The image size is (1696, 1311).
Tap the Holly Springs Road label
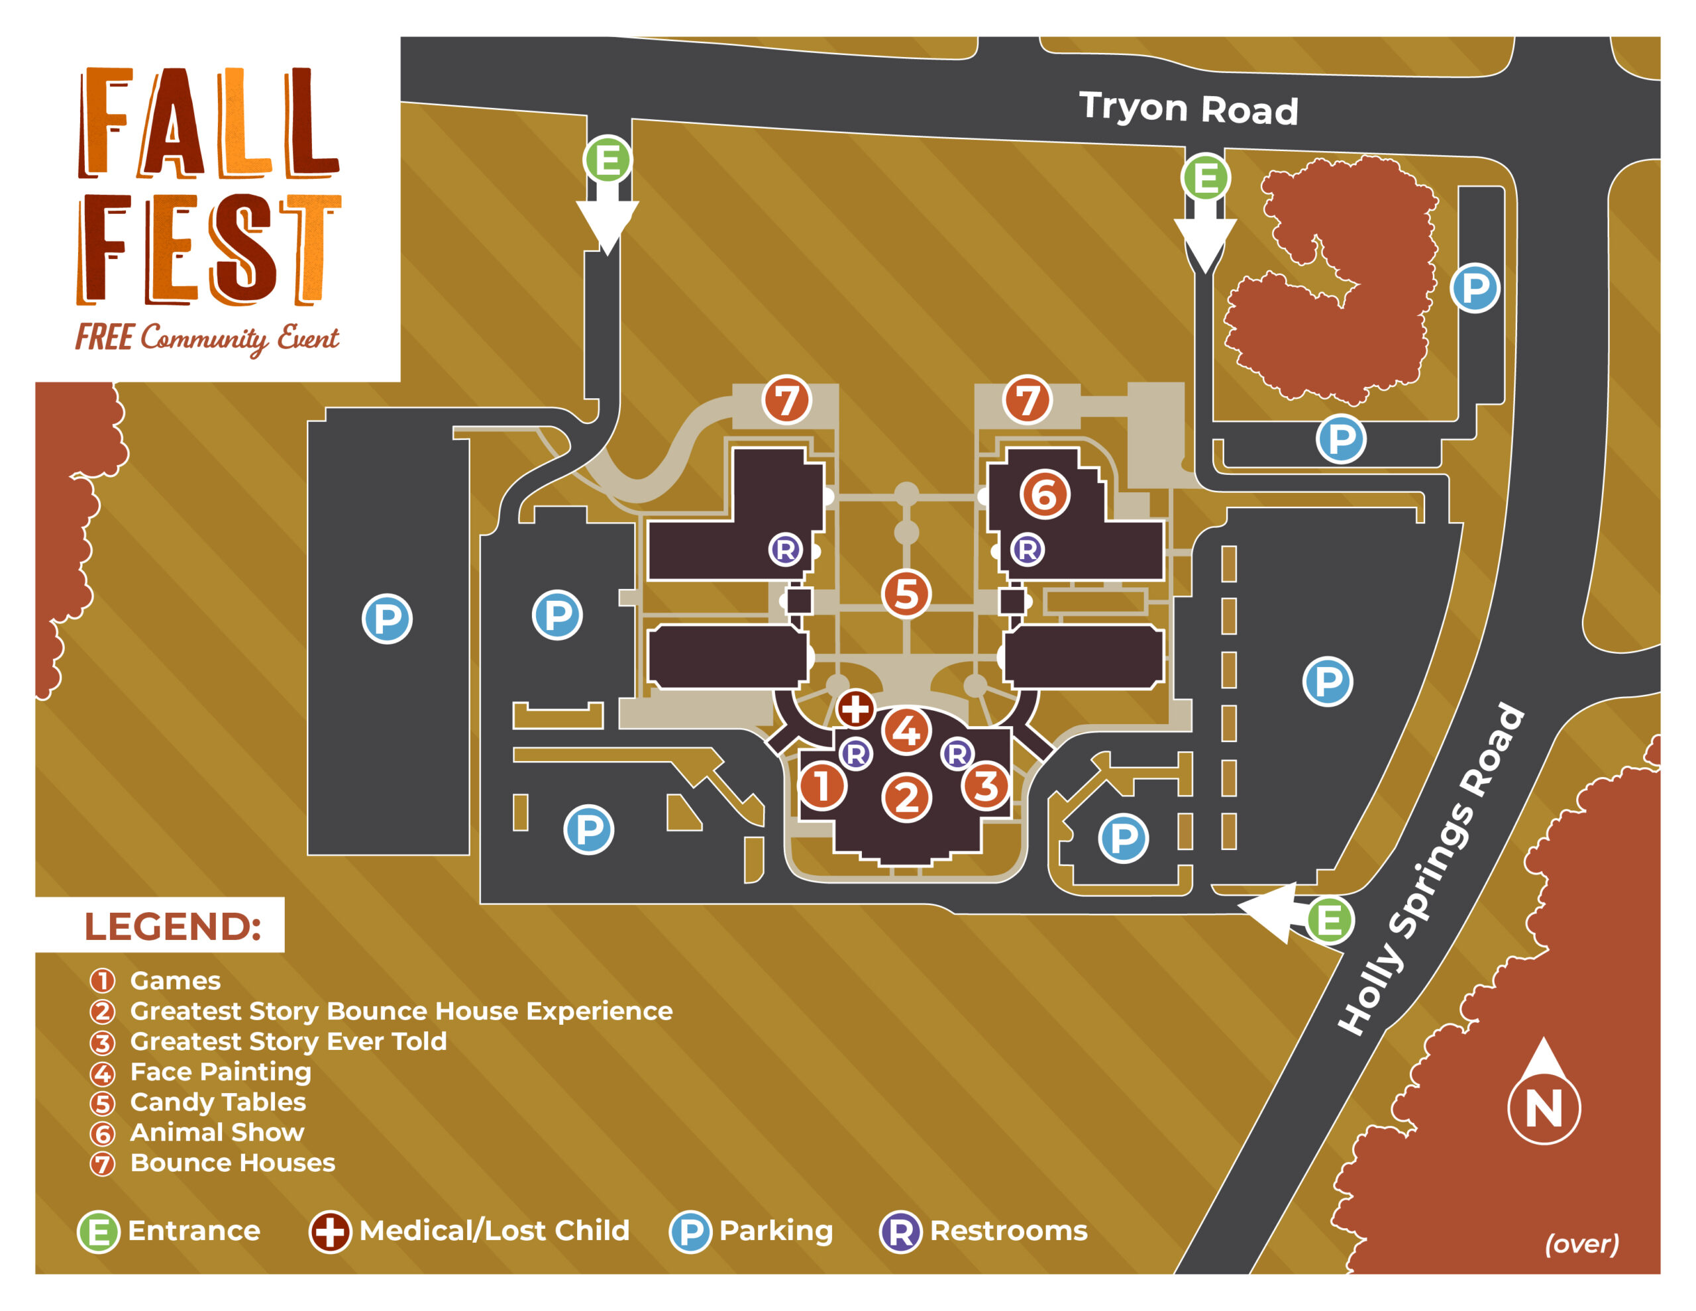coord(1431,869)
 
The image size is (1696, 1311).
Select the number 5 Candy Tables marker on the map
coord(906,594)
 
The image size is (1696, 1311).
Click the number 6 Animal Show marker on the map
coord(1045,495)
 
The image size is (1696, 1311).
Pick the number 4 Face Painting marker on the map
coord(906,730)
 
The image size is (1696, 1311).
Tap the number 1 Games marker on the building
coord(821,785)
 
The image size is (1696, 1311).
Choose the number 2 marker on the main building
coord(906,798)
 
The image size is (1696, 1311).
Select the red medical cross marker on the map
coord(855,708)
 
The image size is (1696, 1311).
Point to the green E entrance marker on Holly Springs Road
coord(1330,920)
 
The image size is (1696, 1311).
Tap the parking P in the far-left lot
coord(387,619)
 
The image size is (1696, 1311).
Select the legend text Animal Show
coord(217,1132)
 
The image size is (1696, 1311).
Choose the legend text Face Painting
coord(221,1072)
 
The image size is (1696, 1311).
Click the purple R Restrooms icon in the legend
coord(900,1232)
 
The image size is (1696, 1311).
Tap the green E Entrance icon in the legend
coord(99,1232)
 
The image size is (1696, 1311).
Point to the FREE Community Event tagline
coord(207,339)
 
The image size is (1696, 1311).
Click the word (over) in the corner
coord(1581,1243)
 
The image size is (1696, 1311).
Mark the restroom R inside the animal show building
coord(1027,550)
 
